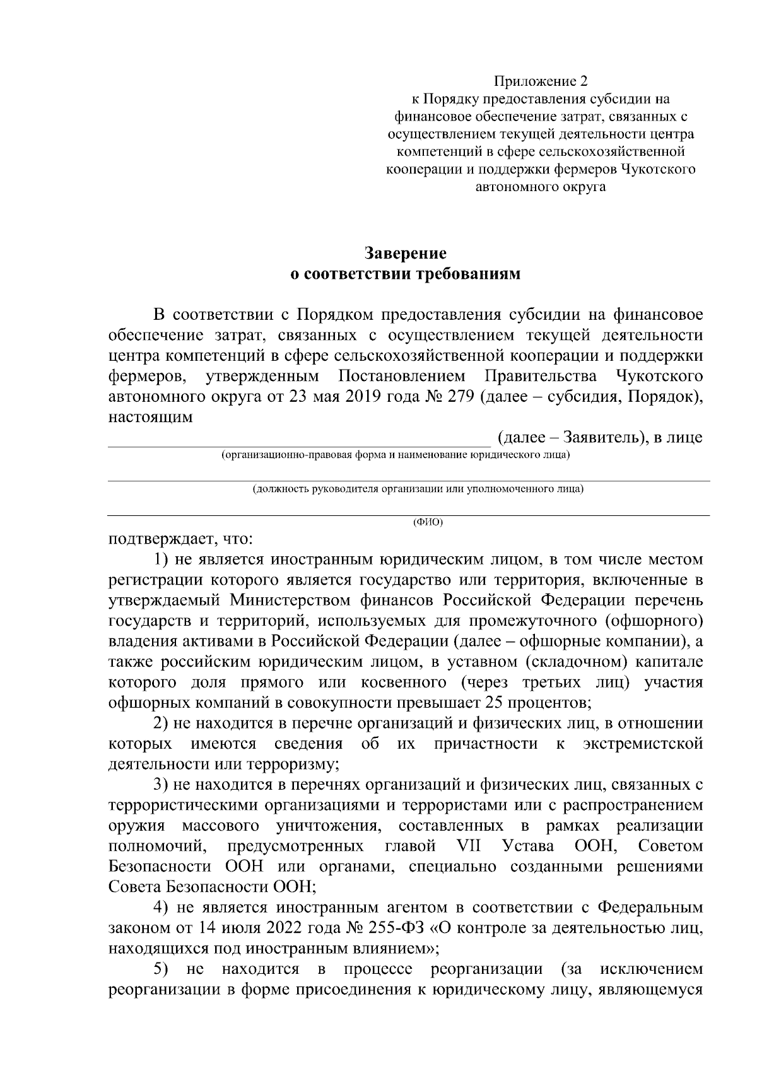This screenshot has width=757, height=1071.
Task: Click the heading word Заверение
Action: click(x=406, y=254)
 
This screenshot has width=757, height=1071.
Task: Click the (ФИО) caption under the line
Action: click(x=428, y=522)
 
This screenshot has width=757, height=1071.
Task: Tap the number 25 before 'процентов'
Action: click(x=494, y=703)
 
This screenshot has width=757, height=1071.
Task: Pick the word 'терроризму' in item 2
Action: click(x=296, y=764)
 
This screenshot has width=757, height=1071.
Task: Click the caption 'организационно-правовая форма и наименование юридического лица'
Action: click(x=396, y=455)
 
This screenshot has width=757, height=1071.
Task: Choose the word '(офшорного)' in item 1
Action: click(x=653, y=621)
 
